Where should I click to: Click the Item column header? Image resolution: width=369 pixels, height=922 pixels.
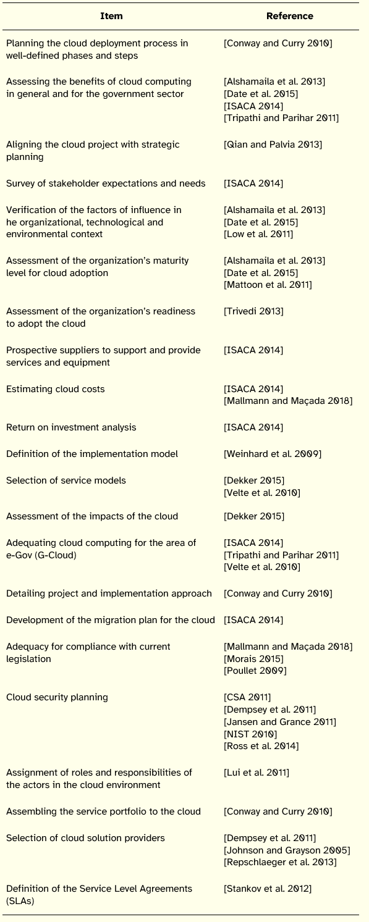(111, 16)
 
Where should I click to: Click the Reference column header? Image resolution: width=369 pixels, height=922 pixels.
(289, 16)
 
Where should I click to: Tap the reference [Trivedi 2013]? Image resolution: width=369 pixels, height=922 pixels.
(253, 311)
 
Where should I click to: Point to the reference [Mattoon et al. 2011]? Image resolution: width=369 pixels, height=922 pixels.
(268, 284)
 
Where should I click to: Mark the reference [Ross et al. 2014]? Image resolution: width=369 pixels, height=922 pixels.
(261, 746)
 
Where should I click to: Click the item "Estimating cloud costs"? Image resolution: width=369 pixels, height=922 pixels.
(56, 389)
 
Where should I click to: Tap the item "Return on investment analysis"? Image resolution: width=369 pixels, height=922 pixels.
(71, 427)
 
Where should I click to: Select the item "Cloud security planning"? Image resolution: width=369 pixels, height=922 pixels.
(57, 697)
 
